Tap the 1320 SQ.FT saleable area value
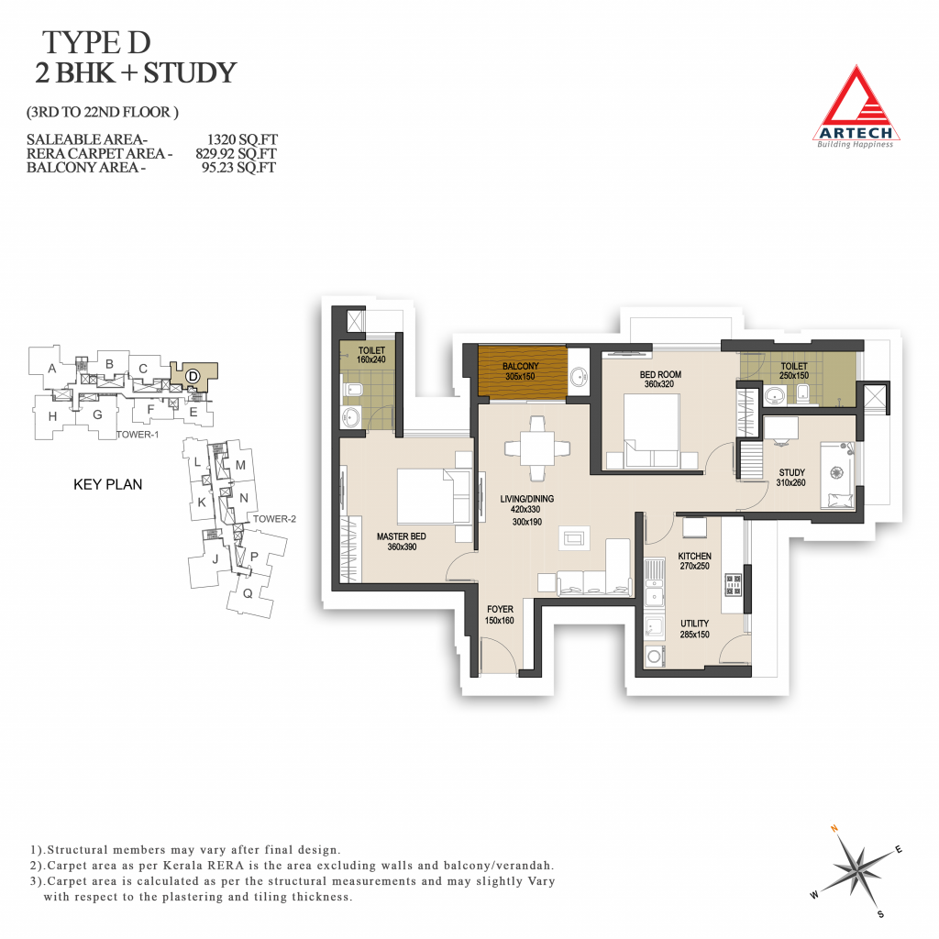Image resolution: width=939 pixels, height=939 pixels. point(242,139)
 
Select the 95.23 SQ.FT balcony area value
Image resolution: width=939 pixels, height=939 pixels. point(238,168)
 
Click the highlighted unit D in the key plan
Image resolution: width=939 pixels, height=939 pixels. point(193,376)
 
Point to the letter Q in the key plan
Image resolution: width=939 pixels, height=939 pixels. point(248,593)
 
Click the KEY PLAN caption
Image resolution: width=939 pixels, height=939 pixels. point(108,484)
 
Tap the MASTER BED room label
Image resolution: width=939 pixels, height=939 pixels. point(402,536)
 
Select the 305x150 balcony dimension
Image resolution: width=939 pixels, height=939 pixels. point(520,377)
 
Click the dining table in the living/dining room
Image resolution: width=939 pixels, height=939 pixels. point(537,447)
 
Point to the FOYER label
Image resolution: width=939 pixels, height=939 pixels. point(500,609)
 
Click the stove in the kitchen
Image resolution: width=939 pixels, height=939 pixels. point(734,584)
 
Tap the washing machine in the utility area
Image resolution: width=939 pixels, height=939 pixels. point(655,657)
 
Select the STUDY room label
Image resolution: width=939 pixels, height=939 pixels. point(791,472)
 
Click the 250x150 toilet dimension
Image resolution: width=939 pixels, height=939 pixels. point(794,376)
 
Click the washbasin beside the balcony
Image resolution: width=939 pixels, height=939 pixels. point(579,377)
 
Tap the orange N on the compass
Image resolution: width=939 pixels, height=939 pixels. point(834,829)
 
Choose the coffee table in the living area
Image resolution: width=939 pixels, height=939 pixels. point(574,538)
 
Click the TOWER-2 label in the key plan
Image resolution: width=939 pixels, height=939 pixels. point(274,519)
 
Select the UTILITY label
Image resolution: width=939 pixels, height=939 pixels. point(695,624)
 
